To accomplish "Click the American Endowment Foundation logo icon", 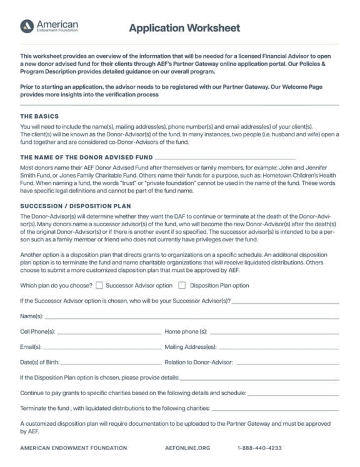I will tap(26, 26).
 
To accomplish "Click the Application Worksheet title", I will tap(184, 28).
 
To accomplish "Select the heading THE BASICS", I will tap(39, 116).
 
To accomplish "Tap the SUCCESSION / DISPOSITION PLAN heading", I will tap(76, 205).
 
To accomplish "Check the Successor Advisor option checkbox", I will tap(99, 286).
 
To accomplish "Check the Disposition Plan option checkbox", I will tap(182, 286).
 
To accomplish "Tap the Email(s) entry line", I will tap(102, 348).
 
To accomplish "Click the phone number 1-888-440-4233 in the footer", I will tap(259, 448).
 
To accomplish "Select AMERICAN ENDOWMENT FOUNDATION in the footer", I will tap(73, 448).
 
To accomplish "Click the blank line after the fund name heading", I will tap(225, 159).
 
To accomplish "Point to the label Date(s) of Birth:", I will tap(40, 362).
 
